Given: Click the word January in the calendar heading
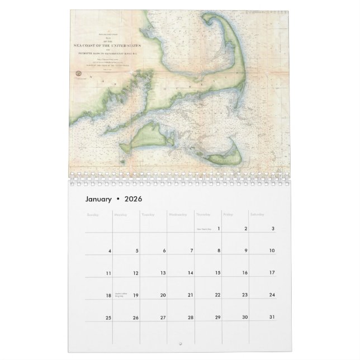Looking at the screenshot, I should coord(98,199).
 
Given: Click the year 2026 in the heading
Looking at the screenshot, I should coord(134,199).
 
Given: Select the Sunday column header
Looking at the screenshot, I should coord(92,214).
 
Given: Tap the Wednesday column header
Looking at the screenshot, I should coord(179,214).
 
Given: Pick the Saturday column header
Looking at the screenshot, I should coord(258,214).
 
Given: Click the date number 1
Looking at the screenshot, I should coord(219,228).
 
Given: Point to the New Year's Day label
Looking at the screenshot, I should coord(203,228).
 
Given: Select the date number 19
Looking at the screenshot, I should coord(136,295).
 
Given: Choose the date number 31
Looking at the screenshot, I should coord(272,318).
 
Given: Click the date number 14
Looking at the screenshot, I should coord(191,273).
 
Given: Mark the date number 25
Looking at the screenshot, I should coord(108,318).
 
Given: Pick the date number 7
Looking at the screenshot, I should coord(192,250).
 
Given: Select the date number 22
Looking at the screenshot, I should coord(218,295).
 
